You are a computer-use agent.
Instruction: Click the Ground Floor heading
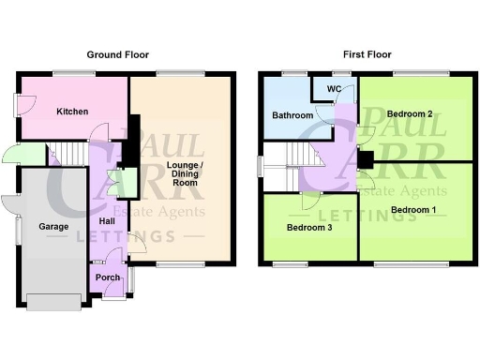point(118,55)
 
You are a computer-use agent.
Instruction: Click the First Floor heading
point(367,55)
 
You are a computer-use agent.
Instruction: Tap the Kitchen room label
point(72,112)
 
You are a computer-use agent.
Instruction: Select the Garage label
point(51,227)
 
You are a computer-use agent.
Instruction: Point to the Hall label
point(107,221)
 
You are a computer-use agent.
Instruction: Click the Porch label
point(108,277)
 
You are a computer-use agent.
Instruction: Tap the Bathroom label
point(292,116)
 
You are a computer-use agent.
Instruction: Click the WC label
point(333,89)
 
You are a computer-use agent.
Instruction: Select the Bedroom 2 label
point(411,114)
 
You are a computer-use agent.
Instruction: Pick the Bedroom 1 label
point(413,209)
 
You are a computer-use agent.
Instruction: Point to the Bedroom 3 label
point(308,228)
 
